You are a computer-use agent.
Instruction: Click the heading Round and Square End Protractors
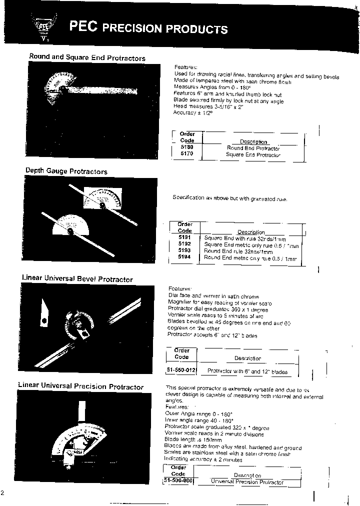pyautogui.click(x=87, y=57)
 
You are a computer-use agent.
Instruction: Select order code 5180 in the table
pyautogui.click(x=186, y=148)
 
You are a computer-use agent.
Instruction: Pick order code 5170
pyautogui.click(x=186, y=154)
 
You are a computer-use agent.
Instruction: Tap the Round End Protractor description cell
pyautogui.click(x=253, y=148)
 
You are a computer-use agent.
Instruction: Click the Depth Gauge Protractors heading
pyautogui.click(x=66, y=171)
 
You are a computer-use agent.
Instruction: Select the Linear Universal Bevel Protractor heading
pyautogui.click(x=77, y=279)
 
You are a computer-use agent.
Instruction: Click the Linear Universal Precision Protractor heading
pyautogui.click(x=80, y=386)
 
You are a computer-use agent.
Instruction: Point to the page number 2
pyautogui.click(x=2, y=493)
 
